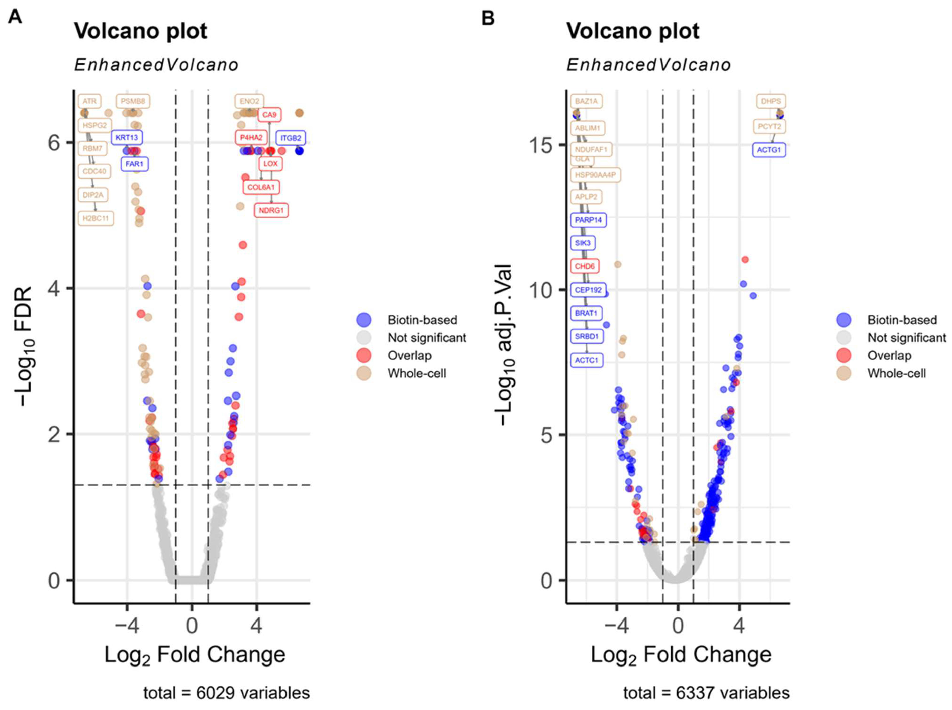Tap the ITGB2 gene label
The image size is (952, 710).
[x=291, y=138]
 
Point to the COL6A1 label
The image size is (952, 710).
[x=261, y=187]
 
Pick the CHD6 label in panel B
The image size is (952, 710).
[x=585, y=266]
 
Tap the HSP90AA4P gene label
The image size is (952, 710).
[x=595, y=175]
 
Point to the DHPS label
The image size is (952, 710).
[x=771, y=101]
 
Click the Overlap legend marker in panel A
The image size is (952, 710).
[x=364, y=356]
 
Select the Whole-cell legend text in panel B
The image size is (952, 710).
[x=896, y=373]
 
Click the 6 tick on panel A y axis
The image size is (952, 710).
[x=54, y=143]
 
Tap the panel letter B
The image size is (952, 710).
[x=488, y=18]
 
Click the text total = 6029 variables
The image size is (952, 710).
[x=226, y=693]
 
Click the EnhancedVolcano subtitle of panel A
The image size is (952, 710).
[x=156, y=65]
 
